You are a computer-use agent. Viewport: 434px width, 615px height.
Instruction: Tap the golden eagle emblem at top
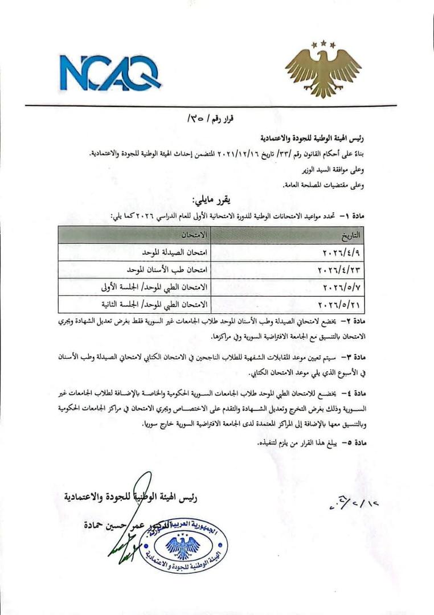pos(322,69)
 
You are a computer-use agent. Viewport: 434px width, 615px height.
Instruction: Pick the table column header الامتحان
pos(193,235)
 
